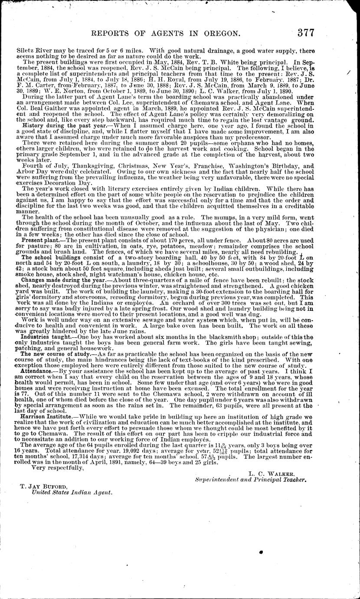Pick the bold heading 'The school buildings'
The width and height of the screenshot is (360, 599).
tap(48, 257)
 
